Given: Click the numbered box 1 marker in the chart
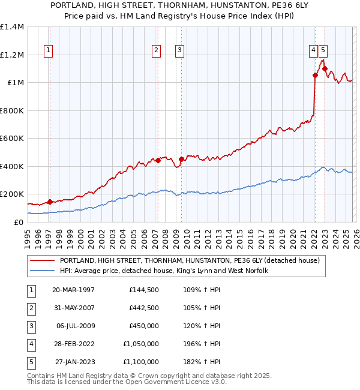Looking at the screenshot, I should tap(48, 51).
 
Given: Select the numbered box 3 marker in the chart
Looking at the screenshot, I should tap(179, 51).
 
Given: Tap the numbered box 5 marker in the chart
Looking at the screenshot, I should tap(323, 51).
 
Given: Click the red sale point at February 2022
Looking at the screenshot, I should tap(315, 75).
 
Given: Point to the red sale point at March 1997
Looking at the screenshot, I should tap(50, 202).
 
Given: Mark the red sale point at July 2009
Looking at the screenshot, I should tap(181, 159).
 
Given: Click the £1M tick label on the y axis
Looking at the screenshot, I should tap(13, 83).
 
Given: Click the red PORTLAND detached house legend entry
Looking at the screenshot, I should tap(190, 260).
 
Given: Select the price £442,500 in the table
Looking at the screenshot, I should tap(143, 308).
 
